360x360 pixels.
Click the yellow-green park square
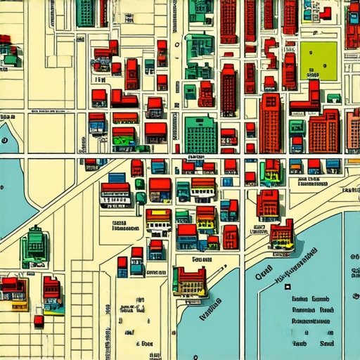click(319, 60)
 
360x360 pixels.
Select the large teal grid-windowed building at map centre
click(200, 134)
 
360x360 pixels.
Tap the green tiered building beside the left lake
click(34, 245)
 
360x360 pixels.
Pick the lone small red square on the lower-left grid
click(39, 321)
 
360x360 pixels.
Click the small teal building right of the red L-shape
click(334, 98)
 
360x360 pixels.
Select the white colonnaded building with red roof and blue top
click(115, 193)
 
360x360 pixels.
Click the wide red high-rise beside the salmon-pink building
click(323, 131)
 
